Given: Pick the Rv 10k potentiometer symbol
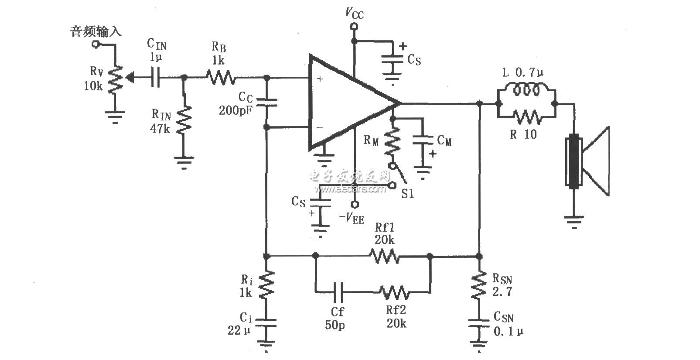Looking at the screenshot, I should coord(115,79).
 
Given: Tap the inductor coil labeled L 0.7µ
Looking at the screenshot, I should coord(526,91).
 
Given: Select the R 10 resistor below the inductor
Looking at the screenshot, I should coord(527,117).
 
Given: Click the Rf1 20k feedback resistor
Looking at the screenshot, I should coord(384,256).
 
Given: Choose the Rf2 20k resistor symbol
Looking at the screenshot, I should coord(394,292).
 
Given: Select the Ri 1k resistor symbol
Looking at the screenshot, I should coord(266,285).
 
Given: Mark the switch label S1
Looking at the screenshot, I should coord(407,193).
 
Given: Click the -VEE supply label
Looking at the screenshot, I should coord(352,218).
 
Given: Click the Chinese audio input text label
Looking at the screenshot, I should coord(96,32).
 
